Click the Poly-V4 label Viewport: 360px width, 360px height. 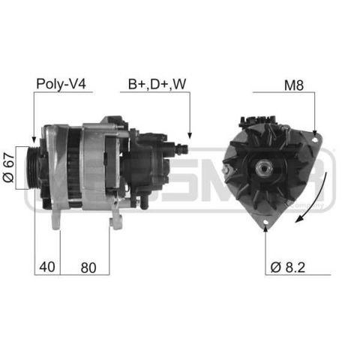click(61, 84)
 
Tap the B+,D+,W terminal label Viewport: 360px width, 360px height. click(157, 84)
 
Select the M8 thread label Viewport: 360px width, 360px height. click(294, 85)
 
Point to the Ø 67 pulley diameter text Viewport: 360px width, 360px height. click(9, 167)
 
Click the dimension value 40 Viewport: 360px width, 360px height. click(47, 267)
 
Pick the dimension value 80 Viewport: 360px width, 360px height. click(88, 268)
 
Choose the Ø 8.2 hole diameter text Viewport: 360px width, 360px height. click(288, 267)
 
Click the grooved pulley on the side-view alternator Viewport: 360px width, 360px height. click(34, 168)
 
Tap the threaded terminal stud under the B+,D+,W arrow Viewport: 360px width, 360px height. click(181, 149)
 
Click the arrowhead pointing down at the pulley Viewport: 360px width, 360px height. click(34, 139)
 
